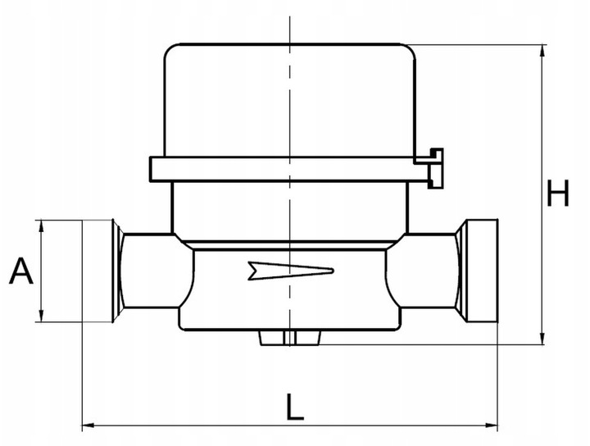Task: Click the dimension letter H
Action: (x=558, y=195)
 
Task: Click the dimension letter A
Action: (x=21, y=271)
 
